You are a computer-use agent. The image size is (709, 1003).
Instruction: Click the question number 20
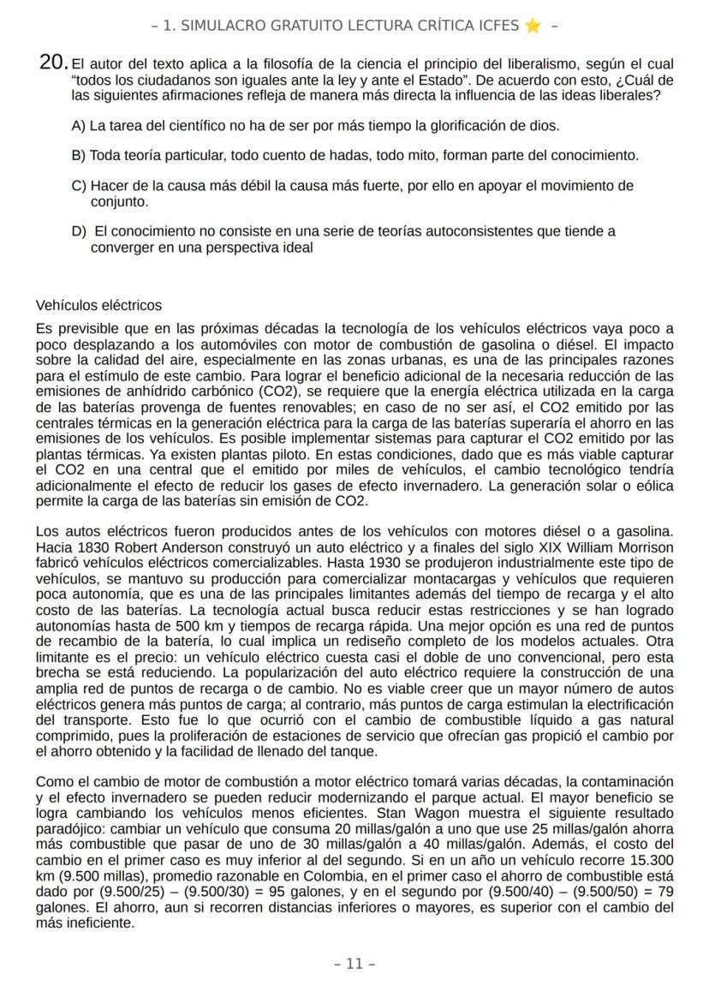pyautogui.click(x=53, y=63)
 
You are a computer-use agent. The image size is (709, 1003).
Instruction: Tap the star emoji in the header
pyautogui.click(x=533, y=26)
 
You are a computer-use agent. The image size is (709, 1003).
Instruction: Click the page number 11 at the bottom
pyautogui.click(x=354, y=964)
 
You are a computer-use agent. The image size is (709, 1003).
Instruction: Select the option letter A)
pyautogui.click(x=79, y=126)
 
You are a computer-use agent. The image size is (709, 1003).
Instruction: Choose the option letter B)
pyautogui.click(x=79, y=156)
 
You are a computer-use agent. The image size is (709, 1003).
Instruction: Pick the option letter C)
pyautogui.click(x=79, y=186)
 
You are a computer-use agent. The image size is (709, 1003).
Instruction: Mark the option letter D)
pyautogui.click(x=79, y=231)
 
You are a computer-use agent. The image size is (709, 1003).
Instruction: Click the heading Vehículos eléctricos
pyautogui.click(x=98, y=306)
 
